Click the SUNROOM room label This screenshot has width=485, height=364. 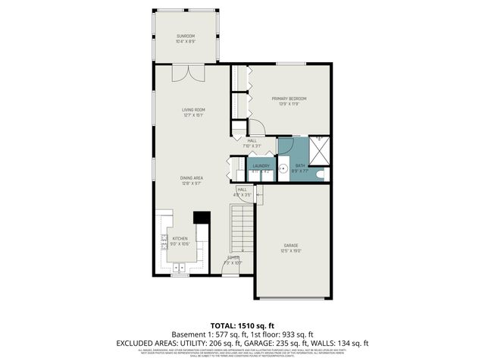(x=186, y=36)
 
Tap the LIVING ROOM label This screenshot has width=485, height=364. (x=193, y=110)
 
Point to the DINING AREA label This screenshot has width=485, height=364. (x=192, y=177)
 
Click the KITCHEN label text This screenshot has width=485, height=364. (x=180, y=238)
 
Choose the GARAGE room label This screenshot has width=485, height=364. (x=291, y=245)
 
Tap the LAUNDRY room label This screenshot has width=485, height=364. (x=261, y=166)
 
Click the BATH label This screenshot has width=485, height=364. (x=299, y=165)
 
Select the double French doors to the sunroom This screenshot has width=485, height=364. (x=187, y=74)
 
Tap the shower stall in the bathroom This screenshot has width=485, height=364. (x=321, y=152)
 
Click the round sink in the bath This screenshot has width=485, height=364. (x=283, y=169)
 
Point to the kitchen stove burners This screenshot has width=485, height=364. (x=164, y=242)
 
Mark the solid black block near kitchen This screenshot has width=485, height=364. (x=202, y=218)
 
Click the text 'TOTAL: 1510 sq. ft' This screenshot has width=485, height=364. (x=242, y=323)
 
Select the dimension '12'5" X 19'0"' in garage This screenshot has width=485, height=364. (x=291, y=251)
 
